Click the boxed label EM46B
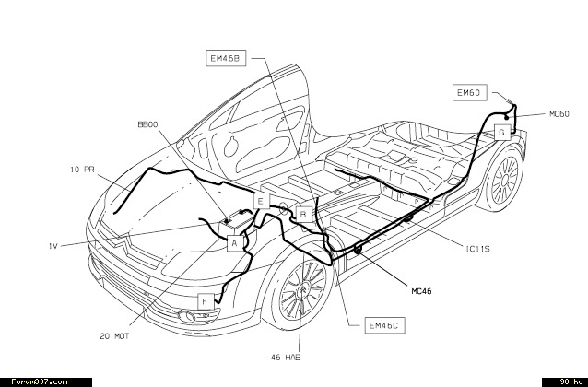(225, 59)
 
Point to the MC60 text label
(559, 113)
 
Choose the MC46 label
(420, 290)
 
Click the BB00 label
(148, 123)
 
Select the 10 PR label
(83, 170)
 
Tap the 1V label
(54, 244)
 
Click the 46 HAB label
(286, 357)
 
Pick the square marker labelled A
(235, 243)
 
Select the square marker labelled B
(301, 214)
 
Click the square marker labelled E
(261, 201)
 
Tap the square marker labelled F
(205, 301)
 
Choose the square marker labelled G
(501, 132)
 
